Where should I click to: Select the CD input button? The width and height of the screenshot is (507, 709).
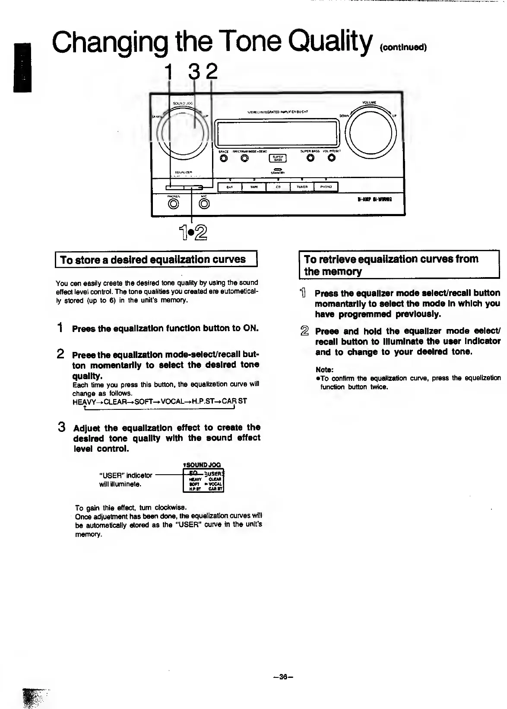(278, 187)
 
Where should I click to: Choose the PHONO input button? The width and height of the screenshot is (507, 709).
(326, 187)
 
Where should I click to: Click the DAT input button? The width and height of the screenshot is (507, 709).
(229, 187)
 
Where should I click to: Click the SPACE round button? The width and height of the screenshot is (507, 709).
(224, 158)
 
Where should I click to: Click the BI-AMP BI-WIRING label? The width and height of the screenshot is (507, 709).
(374, 199)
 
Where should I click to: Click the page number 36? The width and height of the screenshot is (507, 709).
(283, 677)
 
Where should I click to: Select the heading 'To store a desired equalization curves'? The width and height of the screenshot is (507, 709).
(153, 260)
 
